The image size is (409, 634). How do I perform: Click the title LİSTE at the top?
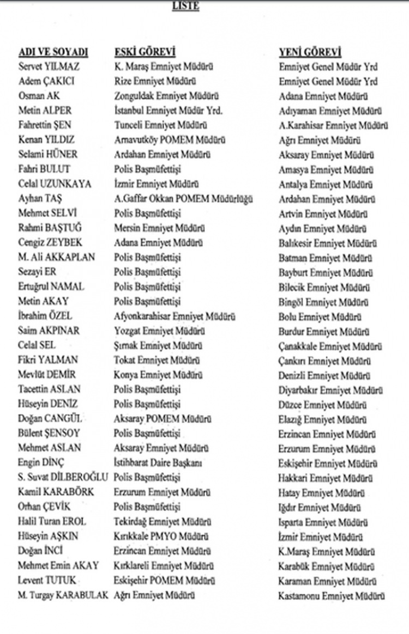[185, 7]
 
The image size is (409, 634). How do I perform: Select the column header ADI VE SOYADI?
[53, 52]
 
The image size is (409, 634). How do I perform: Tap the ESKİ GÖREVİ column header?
[145, 52]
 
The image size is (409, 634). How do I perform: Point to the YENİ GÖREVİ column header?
[310, 52]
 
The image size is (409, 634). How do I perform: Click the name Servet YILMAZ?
[49, 67]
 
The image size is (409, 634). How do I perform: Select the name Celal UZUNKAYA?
[55, 184]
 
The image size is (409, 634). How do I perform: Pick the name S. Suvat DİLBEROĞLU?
[63, 477]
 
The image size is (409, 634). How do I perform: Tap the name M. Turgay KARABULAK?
[63, 595]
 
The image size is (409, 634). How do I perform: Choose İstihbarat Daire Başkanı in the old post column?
[158, 463]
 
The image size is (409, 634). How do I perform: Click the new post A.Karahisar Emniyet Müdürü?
[333, 126]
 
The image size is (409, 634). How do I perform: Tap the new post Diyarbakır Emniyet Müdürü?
[330, 390]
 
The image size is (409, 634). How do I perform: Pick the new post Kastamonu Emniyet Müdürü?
[332, 595]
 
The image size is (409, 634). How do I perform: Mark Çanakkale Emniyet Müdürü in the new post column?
[330, 346]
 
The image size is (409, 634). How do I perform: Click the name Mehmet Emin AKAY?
[58, 565]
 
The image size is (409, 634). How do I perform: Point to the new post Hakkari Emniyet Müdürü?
[326, 478]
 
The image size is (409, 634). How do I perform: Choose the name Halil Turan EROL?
[52, 521]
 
